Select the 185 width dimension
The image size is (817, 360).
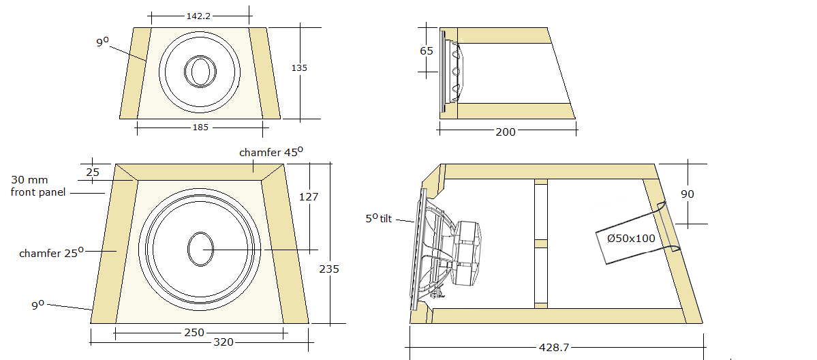[200, 127]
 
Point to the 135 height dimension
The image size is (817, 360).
[299, 68]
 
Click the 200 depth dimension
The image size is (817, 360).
[505, 132]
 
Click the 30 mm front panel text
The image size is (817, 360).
[38, 186]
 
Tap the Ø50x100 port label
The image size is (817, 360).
[630, 239]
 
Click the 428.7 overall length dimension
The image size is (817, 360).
[553, 347]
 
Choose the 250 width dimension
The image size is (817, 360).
[194, 333]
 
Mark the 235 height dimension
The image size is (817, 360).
[328, 269]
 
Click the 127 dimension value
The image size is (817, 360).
[309, 197]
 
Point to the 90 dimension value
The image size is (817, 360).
[688, 194]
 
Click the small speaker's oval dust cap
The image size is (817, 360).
[200, 72]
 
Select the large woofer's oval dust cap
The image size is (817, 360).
[200, 249]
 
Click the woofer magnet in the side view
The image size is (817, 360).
[469, 253]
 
